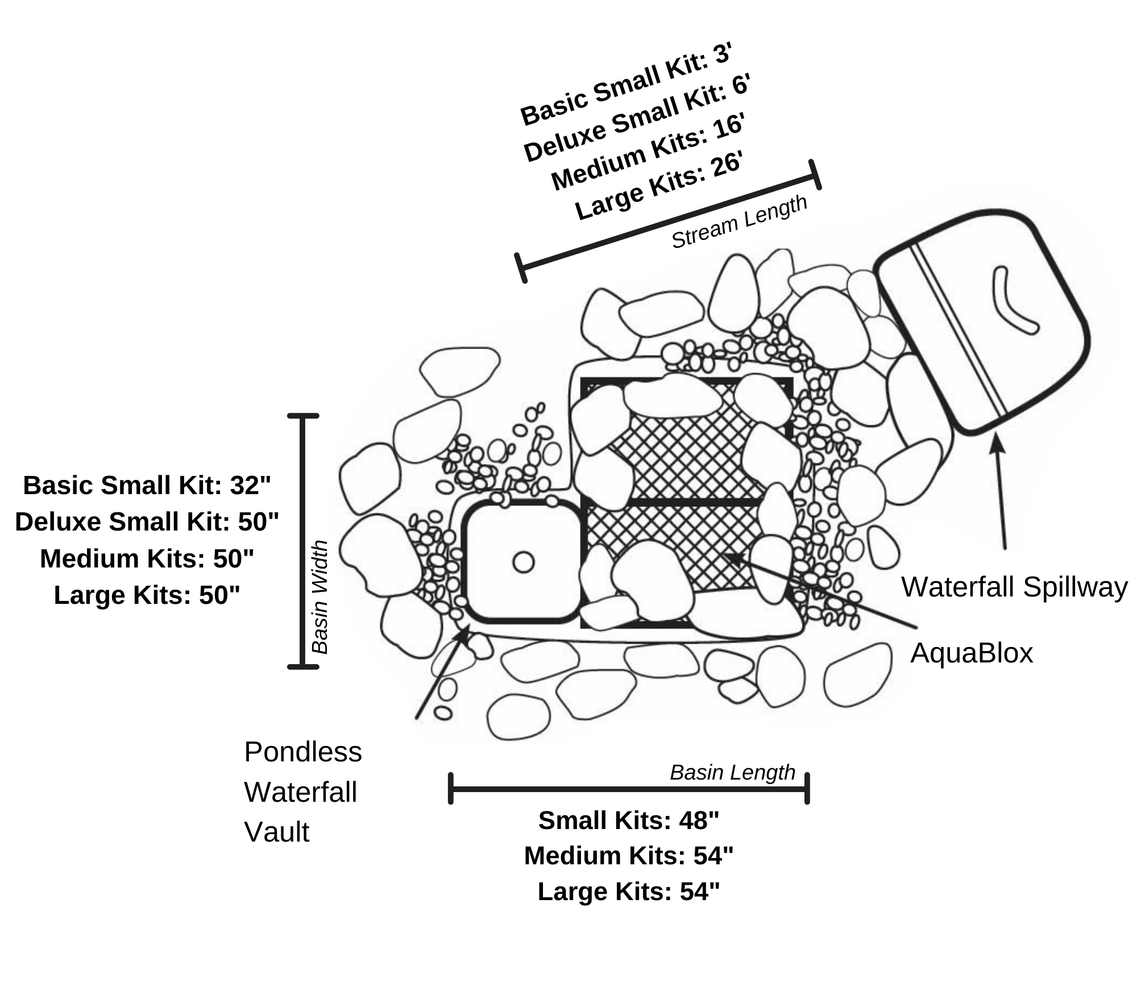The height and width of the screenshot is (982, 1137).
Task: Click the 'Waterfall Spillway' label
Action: (x=1014, y=587)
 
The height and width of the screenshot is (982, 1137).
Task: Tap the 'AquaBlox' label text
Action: (x=971, y=653)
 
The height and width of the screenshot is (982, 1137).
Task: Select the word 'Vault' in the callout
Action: (x=276, y=832)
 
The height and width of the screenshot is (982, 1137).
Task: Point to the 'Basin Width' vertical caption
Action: (x=320, y=596)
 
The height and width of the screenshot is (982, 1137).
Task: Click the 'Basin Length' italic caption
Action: (x=732, y=772)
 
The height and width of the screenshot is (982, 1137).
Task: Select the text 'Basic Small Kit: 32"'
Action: (x=147, y=485)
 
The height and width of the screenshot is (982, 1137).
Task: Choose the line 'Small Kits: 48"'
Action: (x=629, y=820)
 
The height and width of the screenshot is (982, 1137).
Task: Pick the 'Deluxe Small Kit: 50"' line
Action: (x=147, y=521)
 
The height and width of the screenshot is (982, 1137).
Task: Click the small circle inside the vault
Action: (x=523, y=562)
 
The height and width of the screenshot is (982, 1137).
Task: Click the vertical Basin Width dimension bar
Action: (x=302, y=541)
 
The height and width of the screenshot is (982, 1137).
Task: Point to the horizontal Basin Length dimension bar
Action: (x=629, y=789)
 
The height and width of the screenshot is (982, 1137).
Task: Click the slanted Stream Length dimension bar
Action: (x=669, y=222)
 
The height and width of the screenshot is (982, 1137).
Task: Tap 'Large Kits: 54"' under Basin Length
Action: (x=629, y=891)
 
